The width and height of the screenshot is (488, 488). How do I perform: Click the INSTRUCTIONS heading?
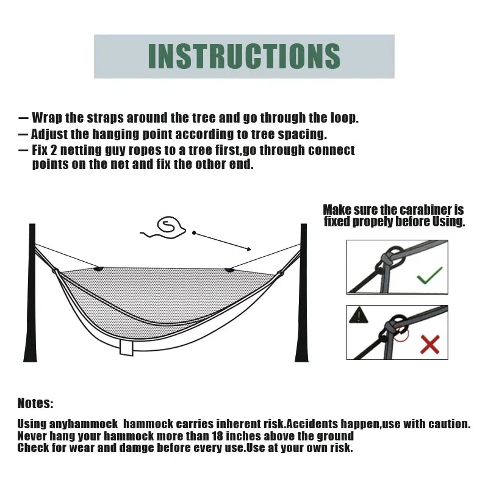(x=244, y=56)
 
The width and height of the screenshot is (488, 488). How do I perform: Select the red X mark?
(x=430, y=345)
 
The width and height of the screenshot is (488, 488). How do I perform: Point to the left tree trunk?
(x=30, y=293)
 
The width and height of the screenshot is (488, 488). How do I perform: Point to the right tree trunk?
(x=302, y=293)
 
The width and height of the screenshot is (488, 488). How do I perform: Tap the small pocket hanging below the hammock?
(x=127, y=347)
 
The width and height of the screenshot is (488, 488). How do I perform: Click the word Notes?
(x=35, y=403)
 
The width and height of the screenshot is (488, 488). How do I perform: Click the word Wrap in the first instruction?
(x=45, y=118)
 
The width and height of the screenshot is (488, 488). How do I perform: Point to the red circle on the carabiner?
(x=400, y=332)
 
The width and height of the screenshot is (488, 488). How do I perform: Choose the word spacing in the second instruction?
(x=303, y=134)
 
